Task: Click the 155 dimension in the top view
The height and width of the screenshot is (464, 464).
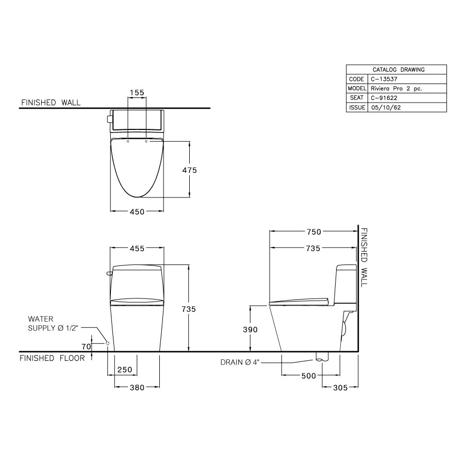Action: pyautogui.click(x=137, y=93)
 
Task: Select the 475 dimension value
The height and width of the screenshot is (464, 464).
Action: pyautogui.click(x=189, y=170)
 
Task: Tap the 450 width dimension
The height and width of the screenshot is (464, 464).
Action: pyautogui.click(x=137, y=211)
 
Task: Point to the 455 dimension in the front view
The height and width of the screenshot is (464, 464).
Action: pyautogui.click(x=137, y=248)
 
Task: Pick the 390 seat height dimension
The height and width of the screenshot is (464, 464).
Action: pyautogui.click(x=250, y=329)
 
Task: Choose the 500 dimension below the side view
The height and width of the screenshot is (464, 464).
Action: pyautogui.click(x=308, y=376)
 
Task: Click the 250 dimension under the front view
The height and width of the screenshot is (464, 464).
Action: pyautogui.click(x=125, y=370)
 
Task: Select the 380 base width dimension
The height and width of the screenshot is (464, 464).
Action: pyautogui.click(x=137, y=388)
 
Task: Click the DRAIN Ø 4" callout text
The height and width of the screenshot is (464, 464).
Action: pyautogui.click(x=239, y=362)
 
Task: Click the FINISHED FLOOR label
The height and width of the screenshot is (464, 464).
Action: pyautogui.click(x=52, y=358)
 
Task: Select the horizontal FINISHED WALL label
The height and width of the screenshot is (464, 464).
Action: pyautogui.click(x=51, y=103)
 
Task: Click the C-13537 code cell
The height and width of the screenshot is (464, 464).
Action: pyautogui.click(x=380, y=79)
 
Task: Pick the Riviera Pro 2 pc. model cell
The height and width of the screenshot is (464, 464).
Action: pyautogui.click(x=396, y=89)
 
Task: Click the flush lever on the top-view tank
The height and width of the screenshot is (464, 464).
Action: pyautogui.click(x=109, y=120)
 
